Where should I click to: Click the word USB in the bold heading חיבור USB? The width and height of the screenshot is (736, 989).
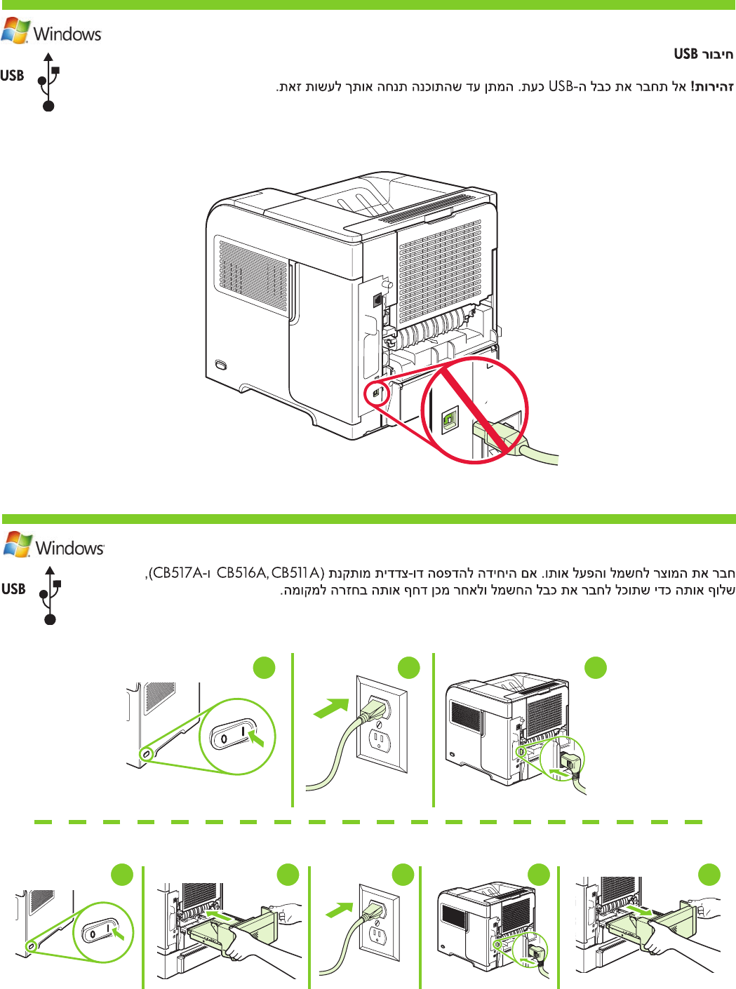(x=685, y=54)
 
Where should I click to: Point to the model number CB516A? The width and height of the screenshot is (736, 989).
(x=241, y=573)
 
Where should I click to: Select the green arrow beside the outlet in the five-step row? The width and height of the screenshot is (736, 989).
(x=340, y=910)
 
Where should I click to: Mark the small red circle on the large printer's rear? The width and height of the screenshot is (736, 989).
(x=377, y=393)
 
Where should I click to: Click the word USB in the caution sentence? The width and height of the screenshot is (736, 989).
(x=561, y=87)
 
